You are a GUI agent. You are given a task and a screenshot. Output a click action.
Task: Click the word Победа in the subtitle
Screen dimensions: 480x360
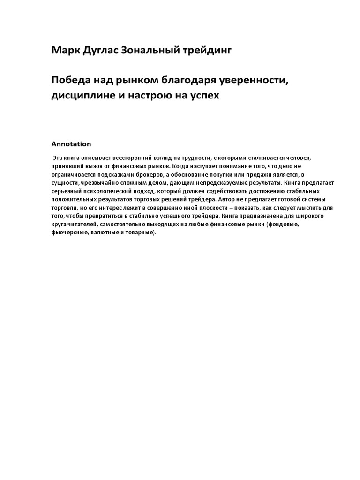(70, 80)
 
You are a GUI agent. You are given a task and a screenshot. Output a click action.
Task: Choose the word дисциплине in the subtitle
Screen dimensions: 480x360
(82, 95)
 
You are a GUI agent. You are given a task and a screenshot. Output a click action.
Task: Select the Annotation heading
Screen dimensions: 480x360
(71, 144)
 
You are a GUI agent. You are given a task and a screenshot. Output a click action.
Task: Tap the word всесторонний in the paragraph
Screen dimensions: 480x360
(131, 157)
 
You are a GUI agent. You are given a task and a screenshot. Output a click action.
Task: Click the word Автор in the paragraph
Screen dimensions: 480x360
(227, 199)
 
